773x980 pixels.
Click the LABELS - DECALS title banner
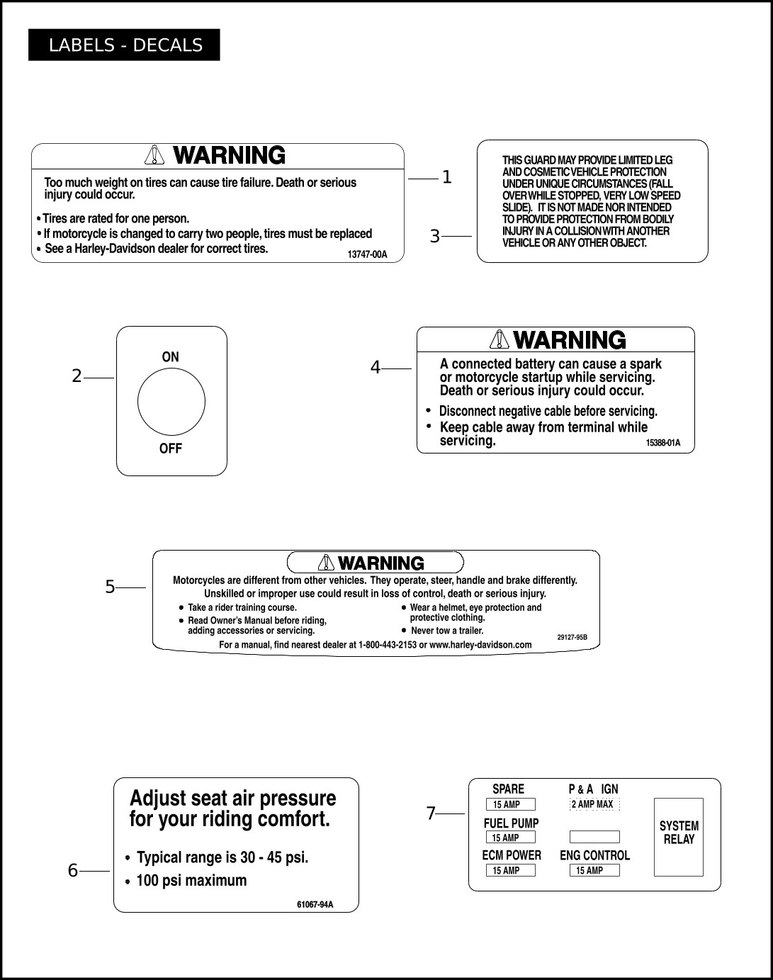[x=124, y=45]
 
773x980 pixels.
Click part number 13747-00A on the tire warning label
[x=368, y=254]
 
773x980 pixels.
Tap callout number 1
[x=446, y=177]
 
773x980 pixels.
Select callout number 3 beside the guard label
[x=435, y=236]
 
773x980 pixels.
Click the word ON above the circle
[x=171, y=357]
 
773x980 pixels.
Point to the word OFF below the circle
[x=171, y=449]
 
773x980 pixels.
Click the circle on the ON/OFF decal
[x=171, y=402]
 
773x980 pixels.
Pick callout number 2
[x=77, y=376]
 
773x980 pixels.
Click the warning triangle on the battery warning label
[x=500, y=339]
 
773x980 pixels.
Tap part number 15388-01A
[x=662, y=443]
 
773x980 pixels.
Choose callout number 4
[x=376, y=367]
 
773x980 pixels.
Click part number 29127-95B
[x=572, y=637]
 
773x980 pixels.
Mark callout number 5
[x=110, y=587]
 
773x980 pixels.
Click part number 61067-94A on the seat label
[x=315, y=904]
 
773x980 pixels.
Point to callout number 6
[x=73, y=870]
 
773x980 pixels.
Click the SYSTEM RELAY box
[x=678, y=836]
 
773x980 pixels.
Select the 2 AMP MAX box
[x=594, y=804]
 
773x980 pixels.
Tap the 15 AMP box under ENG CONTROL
[x=594, y=870]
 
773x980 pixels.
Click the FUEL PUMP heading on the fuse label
[x=511, y=823]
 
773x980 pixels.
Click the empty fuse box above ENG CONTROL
[x=594, y=837]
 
